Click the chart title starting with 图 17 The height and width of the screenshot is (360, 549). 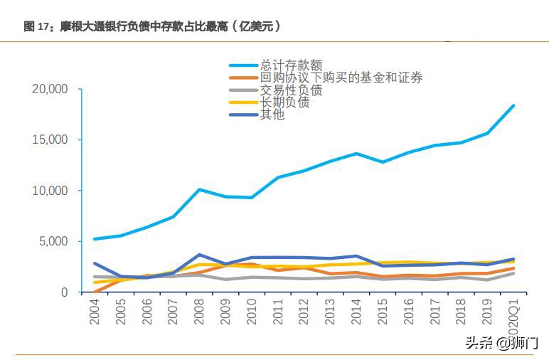[151, 26]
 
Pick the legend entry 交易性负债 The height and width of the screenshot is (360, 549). [292, 90]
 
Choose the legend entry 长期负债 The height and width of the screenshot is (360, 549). [285, 102]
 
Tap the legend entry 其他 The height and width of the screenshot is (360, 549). [272, 115]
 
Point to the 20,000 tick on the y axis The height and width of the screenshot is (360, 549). [49, 89]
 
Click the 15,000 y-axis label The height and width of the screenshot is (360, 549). [49, 140]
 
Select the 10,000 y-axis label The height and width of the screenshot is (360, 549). [49, 191]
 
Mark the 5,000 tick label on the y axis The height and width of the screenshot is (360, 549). [52, 242]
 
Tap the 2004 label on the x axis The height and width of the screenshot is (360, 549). [95, 312]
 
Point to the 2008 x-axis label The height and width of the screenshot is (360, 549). [201, 312]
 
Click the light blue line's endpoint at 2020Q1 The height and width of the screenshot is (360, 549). [513, 106]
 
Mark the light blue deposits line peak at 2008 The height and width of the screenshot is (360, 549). [200, 190]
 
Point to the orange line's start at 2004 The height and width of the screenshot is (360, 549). [95, 292]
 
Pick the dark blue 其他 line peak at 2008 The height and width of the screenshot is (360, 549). [200, 255]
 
